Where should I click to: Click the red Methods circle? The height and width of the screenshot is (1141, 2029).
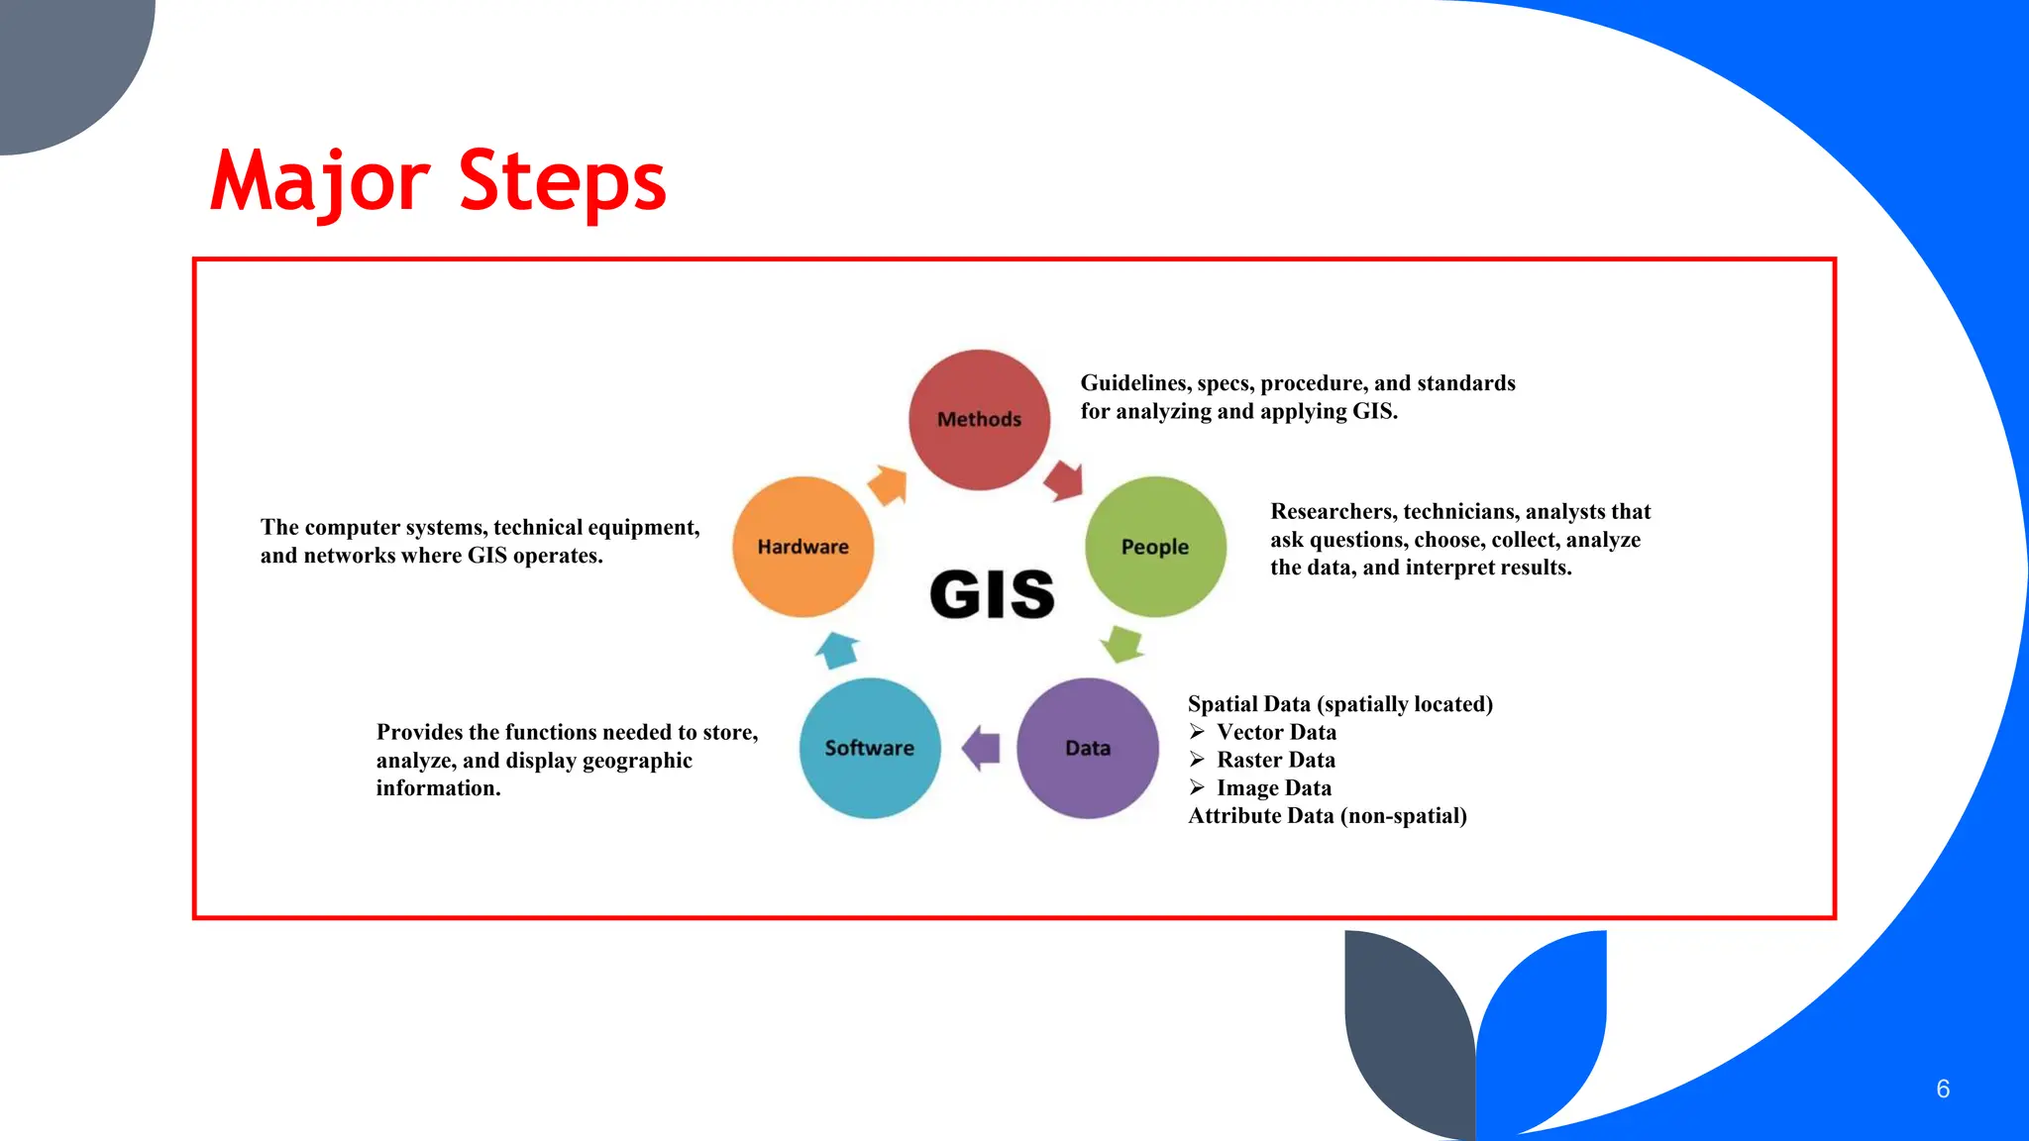(979, 419)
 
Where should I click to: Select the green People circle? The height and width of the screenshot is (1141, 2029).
(1155, 547)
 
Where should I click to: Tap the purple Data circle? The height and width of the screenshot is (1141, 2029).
(1088, 748)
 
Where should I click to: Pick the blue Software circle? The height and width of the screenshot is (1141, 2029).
(869, 748)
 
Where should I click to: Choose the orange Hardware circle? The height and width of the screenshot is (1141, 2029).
(802, 547)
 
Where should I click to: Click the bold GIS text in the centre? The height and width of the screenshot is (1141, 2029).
(992, 594)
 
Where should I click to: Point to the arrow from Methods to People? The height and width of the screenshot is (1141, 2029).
(1064, 480)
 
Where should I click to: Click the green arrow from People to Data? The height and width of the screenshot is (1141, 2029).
(1123, 644)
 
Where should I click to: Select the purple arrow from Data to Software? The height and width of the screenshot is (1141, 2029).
(981, 748)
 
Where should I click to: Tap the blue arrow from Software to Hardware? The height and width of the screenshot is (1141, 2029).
(837, 650)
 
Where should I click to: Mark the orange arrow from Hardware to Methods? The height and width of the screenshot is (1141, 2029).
(888, 484)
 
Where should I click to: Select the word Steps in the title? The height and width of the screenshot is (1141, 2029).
(562, 182)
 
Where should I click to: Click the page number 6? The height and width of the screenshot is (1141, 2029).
(1943, 1089)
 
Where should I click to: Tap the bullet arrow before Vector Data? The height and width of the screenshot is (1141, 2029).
(1197, 732)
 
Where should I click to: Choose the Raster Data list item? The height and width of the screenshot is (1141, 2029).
(1276, 760)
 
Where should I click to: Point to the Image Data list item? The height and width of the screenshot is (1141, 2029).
(1274, 788)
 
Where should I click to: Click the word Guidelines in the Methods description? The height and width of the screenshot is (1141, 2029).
(1135, 383)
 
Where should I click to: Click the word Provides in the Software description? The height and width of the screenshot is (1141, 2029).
(419, 732)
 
